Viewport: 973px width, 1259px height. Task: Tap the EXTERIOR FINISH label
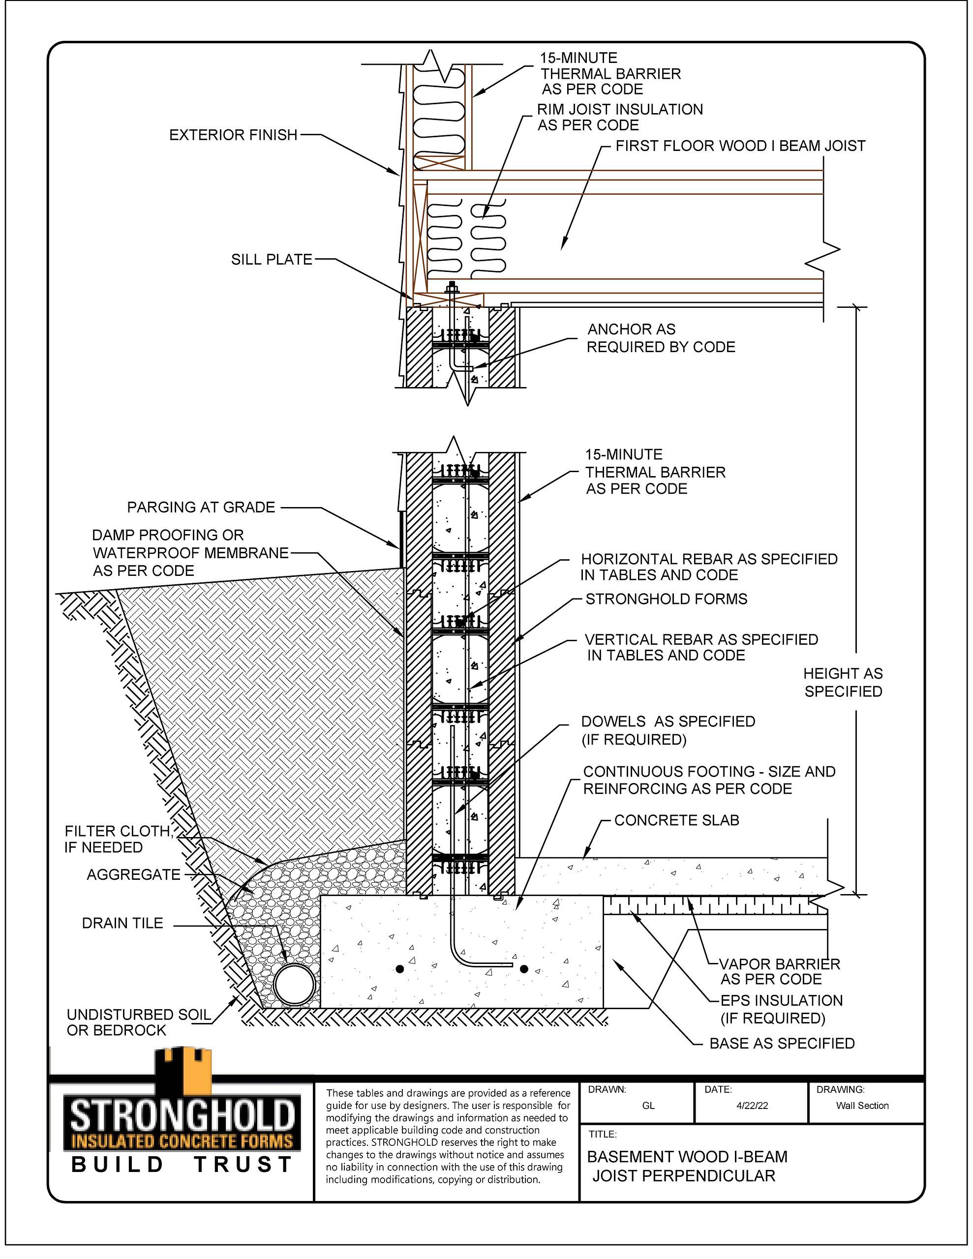(x=234, y=135)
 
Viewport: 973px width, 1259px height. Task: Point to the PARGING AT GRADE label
(x=201, y=508)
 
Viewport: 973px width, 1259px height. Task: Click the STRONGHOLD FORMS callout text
(x=666, y=599)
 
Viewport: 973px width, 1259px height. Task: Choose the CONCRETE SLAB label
(x=676, y=820)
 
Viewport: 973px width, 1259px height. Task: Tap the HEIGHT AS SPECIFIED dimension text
(x=843, y=682)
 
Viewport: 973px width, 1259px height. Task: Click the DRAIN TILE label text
(x=123, y=923)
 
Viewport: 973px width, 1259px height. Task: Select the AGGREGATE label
(x=134, y=874)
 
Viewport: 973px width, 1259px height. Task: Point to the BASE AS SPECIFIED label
(x=782, y=1044)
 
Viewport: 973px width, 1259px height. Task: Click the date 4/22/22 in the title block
(x=752, y=1106)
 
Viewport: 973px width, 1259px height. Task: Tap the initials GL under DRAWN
(x=648, y=1106)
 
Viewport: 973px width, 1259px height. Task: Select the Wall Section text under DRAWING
(x=862, y=1106)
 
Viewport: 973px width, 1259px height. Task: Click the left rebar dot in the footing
(x=400, y=969)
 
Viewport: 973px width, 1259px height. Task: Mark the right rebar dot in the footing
(x=524, y=969)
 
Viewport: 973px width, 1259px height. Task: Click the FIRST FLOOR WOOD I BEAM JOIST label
(x=740, y=146)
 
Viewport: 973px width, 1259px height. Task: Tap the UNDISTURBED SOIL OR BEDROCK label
(x=138, y=1022)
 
